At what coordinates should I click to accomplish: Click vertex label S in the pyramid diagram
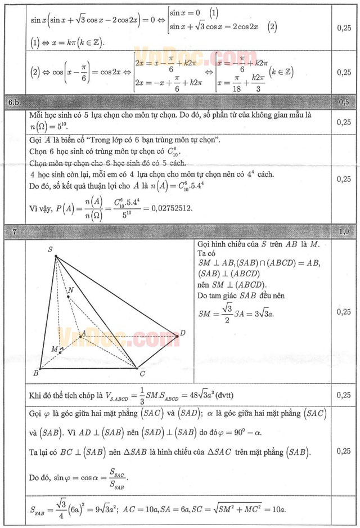(x=50, y=249)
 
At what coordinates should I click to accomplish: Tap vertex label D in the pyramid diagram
(x=183, y=334)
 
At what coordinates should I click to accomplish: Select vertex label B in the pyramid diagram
(x=35, y=373)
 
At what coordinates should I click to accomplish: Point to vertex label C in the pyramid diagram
(x=142, y=373)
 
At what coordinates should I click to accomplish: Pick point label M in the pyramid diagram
(x=55, y=349)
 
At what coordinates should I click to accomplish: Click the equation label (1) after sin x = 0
(x=213, y=12)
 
